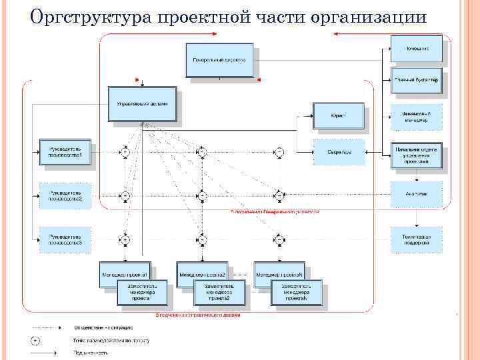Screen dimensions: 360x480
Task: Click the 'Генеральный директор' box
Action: pos(219,61)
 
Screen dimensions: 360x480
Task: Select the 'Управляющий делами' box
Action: pos(143,103)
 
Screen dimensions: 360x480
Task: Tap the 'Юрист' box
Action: pos(338,115)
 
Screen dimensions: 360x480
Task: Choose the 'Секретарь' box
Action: pos(339,151)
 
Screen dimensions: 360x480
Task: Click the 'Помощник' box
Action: pos(415,48)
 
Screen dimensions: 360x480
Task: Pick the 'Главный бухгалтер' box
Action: pos(415,81)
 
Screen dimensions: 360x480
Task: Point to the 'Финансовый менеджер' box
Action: pos(415,116)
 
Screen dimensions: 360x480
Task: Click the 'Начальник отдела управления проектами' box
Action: pos(415,156)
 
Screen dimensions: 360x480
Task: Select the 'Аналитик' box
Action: pos(415,194)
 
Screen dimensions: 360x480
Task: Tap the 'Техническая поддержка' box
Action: pos(415,239)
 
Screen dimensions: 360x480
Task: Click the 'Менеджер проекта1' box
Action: pos(127,273)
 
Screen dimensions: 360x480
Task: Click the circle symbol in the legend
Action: pos(35,340)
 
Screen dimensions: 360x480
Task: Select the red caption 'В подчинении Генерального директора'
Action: pos(275,212)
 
